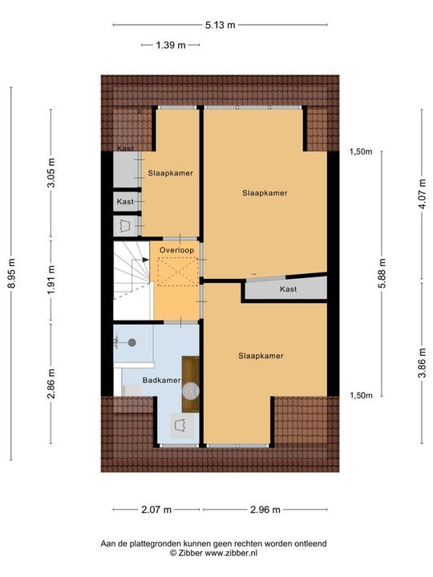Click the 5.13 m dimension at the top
click(x=221, y=25)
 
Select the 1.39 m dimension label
click(x=170, y=46)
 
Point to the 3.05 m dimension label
click(x=51, y=174)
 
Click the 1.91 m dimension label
click(x=51, y=280)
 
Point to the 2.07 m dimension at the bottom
click(x=158, y=509)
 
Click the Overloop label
click(x=176, y=251)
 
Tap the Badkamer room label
click(x=161, y=381)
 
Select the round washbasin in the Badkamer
click(x=190, y=390)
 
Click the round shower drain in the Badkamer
click(x=132, y=341)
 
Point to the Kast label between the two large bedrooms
click(x=289, y=289)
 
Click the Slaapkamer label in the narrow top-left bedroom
click(x=170, y=173)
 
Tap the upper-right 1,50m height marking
click(x=361, y=151)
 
